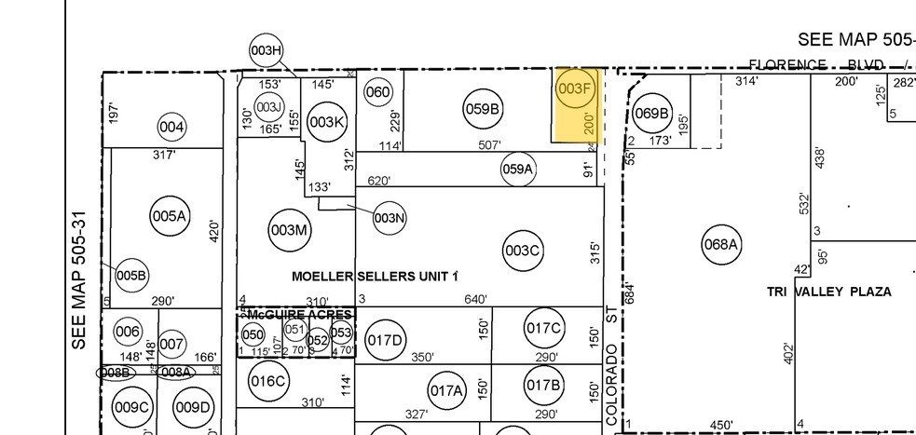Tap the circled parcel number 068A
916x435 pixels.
pos(720,245)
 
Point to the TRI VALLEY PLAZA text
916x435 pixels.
pos(828,292)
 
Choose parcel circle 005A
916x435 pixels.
pos(170,216)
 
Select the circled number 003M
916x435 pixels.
pos(288,230)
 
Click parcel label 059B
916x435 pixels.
pos(483,109)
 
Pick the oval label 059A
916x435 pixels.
pos(518,170)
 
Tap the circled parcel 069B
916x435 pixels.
pos(651,114)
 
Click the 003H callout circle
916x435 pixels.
pos(267,50)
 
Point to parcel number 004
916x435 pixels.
pos(171,127)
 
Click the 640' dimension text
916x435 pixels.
pos(476,300)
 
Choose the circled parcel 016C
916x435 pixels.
pos(267,380)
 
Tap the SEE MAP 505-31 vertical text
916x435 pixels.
pos(80,279)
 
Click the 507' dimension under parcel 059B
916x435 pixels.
pos(490,145)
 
